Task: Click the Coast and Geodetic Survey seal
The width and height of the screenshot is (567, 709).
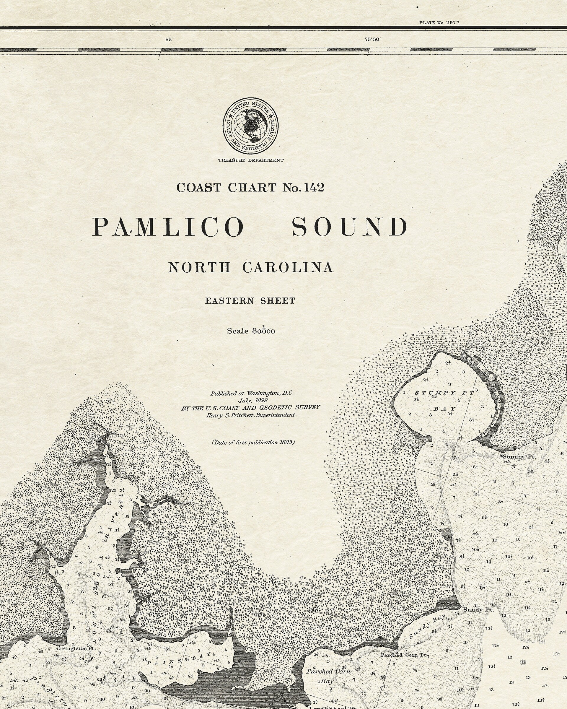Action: pyautogui.click(x=250, y=125)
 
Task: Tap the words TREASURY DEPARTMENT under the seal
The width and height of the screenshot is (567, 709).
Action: pyautogui.click(x=250, y=160)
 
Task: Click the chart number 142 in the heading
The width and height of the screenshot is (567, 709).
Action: pyautogui.click(x=314, y=188)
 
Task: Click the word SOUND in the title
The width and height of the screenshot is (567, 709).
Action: pyautogui.click(x=350, y=227)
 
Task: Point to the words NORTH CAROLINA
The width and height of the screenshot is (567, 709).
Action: pyautogui.click(x=250, y=267)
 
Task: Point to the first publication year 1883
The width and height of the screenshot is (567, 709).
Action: pyautogui.click(x=286, y=442)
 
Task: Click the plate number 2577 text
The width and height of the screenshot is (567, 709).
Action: pyautogui.click(x=440, y=23)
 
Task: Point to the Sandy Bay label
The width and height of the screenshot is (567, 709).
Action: pyautogui.click(x=427, y=626)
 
